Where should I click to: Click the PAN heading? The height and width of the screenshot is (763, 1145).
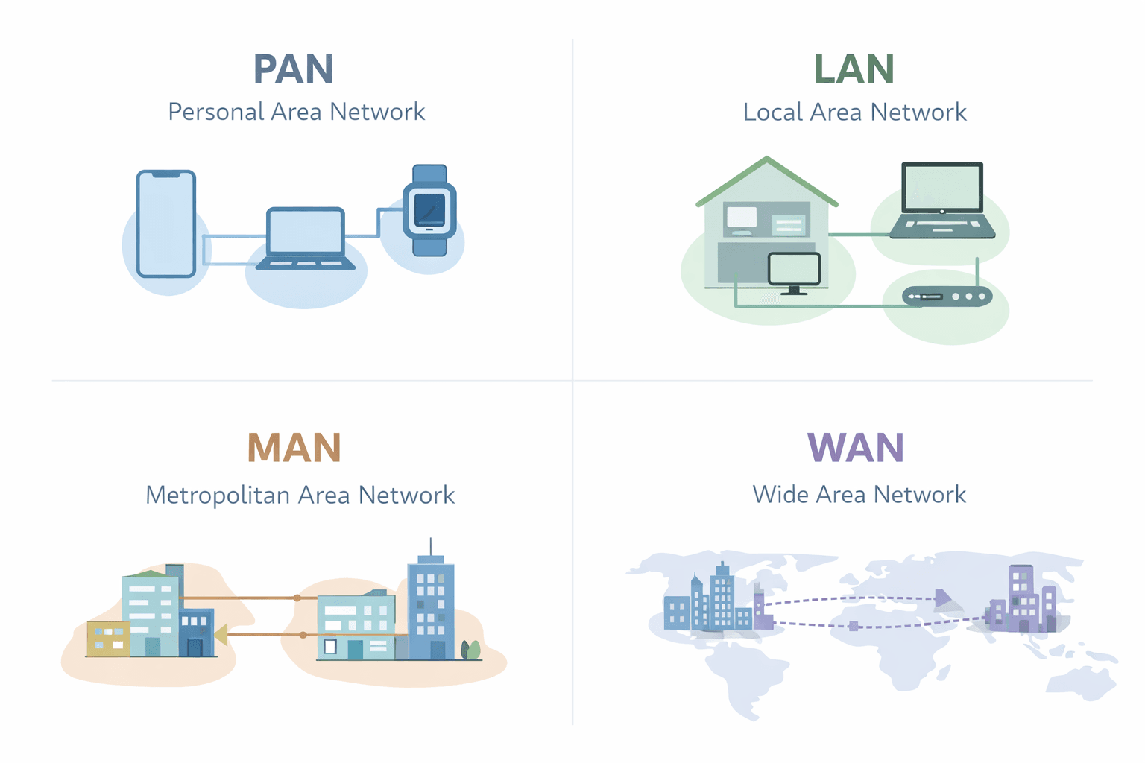[x=293, y=69]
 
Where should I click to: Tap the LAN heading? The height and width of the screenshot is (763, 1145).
[x=854, y=69]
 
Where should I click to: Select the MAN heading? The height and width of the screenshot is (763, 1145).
[x=294, y=448]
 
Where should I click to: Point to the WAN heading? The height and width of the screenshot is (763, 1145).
[x=855, y=448]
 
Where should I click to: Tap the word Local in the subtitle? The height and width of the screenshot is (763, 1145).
[x=772, y=113]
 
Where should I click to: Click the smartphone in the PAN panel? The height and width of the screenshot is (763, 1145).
[x=166, y=224]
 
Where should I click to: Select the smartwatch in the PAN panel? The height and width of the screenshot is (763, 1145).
[x=429, y=211]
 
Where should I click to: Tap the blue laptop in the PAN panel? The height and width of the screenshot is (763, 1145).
[x=306, y=238]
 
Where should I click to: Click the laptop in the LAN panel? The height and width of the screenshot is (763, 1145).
[x=942, y=200]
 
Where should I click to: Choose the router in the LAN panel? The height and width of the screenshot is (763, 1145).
[x=947, y=297]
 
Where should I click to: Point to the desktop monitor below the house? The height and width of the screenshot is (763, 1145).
[x=794, y=271]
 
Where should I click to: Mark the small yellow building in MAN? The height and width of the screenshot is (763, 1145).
[x=108, y=639]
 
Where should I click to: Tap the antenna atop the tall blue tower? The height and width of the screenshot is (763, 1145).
[x=430, y=546]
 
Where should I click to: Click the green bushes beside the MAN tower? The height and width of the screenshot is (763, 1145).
[x=470, y=650]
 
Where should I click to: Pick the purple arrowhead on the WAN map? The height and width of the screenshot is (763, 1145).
[x=943, y=598]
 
